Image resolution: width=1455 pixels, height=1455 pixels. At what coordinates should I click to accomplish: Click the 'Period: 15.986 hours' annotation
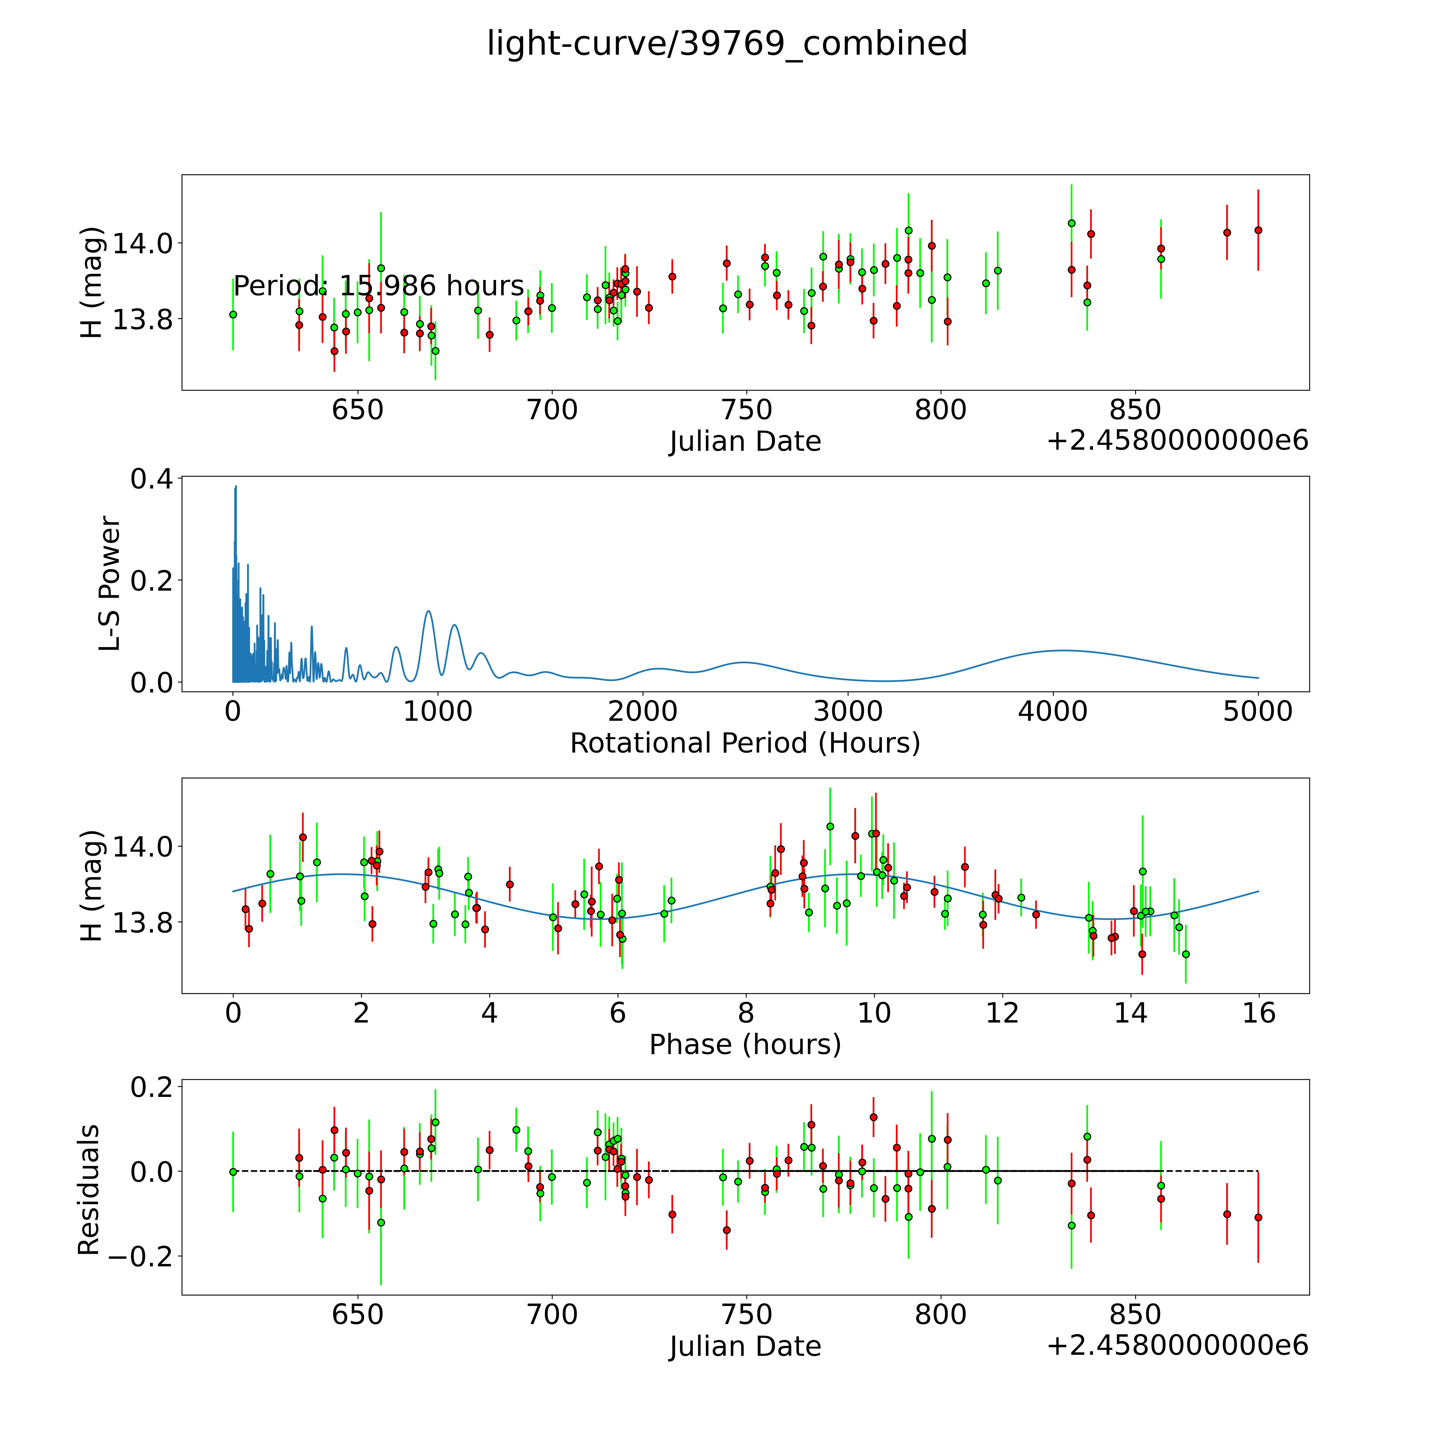(378, 286)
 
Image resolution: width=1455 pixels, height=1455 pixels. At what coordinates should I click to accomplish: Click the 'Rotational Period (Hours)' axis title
(745, 743)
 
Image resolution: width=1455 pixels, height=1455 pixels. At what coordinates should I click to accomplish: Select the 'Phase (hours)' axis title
(745, 1045)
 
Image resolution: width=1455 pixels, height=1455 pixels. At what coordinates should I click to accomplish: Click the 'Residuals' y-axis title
(89, 1190)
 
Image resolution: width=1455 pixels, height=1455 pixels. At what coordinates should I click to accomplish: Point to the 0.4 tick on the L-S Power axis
(151, 479)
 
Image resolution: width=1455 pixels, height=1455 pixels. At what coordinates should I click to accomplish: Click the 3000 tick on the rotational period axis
(848, 711)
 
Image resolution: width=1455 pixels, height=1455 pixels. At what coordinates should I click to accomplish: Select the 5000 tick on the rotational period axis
(1258, 711)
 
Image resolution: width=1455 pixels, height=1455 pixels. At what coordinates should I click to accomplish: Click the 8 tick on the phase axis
(746, 1013)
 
